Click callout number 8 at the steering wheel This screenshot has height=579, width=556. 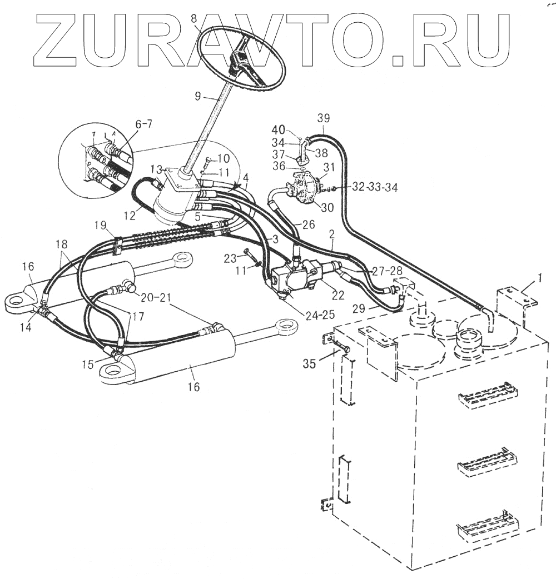click(x=193, y=18)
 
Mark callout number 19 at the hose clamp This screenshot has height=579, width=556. click(x=100, y=224)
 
